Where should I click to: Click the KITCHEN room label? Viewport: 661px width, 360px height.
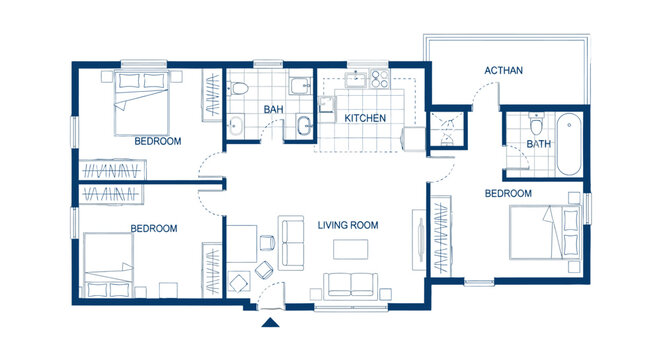[x=365, y=119]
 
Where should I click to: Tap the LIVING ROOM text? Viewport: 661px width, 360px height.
[x=348, y=226]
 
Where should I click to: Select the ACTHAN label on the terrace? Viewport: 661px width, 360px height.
[x=503, y=71]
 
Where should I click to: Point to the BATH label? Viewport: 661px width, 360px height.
[x=537, y=144]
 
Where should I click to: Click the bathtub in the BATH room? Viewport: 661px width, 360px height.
[x=567, y=144]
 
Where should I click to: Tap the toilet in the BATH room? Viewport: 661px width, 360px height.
[x=536, y=125]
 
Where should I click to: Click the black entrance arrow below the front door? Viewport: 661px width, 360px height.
[x=268, y=322]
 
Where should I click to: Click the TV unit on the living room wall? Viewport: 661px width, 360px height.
[x=417, y=239]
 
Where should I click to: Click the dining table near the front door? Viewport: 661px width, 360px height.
[x=243, y=245]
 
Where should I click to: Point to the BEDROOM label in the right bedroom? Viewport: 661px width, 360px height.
[x=508, y=193]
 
